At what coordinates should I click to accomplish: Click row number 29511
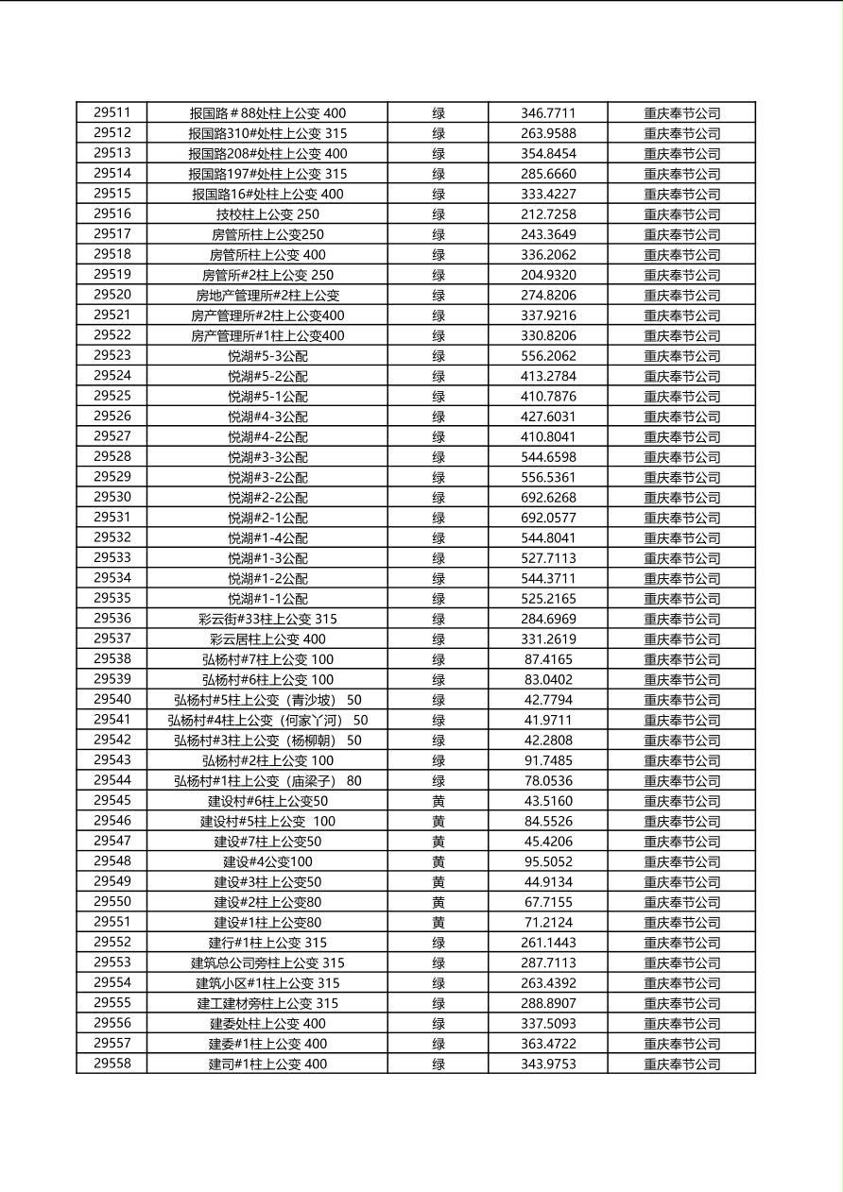(112, 112)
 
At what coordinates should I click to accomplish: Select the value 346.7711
(548, 113)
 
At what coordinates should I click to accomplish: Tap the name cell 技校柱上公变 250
(267, 214)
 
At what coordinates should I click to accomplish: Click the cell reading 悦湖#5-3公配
(267, 356)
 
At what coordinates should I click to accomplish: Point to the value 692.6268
(548, 498)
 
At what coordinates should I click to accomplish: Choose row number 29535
(112, 598)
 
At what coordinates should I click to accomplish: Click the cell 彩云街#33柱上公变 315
(267, 620)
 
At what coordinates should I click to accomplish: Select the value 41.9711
(548, 721)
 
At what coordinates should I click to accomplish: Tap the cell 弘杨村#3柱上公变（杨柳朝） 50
(267, 741)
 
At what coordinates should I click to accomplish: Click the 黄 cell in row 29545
(439, 801)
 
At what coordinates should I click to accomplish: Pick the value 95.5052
(548, 861)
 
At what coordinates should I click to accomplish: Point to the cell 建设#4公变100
(267, 861)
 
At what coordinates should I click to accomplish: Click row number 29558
(112, 1064)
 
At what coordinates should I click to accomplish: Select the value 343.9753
(548, 1064)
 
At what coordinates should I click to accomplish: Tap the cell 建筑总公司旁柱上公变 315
(267, 963)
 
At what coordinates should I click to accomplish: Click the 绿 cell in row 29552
(439, 943)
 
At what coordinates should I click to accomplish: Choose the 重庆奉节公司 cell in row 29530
(682, 498)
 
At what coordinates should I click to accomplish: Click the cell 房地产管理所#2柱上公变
(267, 296)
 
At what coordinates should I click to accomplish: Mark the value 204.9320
(548, 275)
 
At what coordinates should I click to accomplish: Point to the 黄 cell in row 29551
(439, 923)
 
